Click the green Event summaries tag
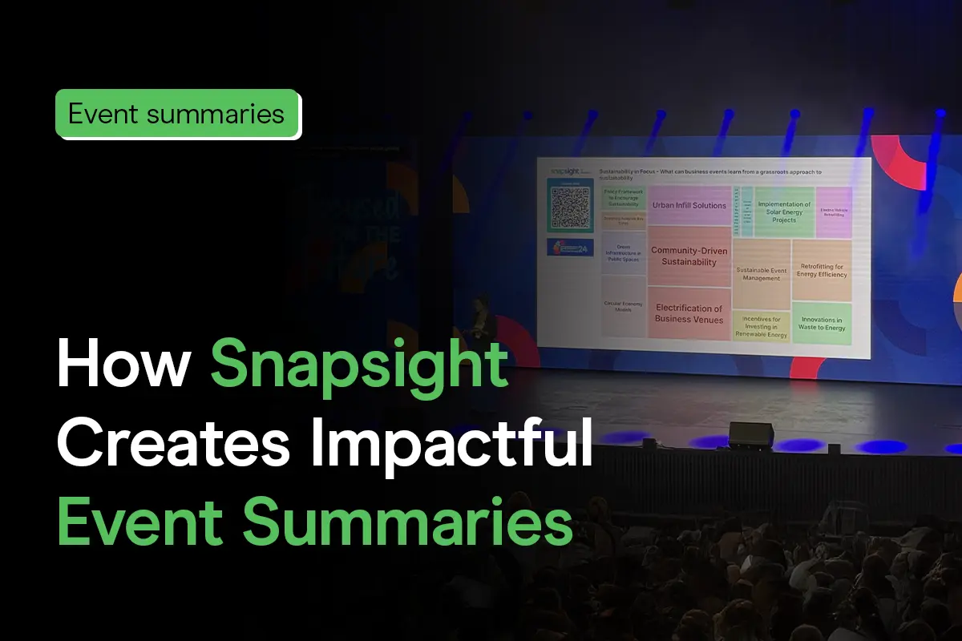(176, 113)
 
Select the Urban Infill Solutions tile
(689, 206)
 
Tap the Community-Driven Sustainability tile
(689, 256)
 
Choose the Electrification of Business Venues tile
(689, 313)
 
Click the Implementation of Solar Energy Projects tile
(784, 212)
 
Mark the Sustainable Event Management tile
(761, 274)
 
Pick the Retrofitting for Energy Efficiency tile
(821, 270)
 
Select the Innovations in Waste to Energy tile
(822, 324)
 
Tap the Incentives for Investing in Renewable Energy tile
(761, 327)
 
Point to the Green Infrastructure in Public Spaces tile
(624, 253)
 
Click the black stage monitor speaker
(751, 435)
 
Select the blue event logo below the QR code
(570, 247)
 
